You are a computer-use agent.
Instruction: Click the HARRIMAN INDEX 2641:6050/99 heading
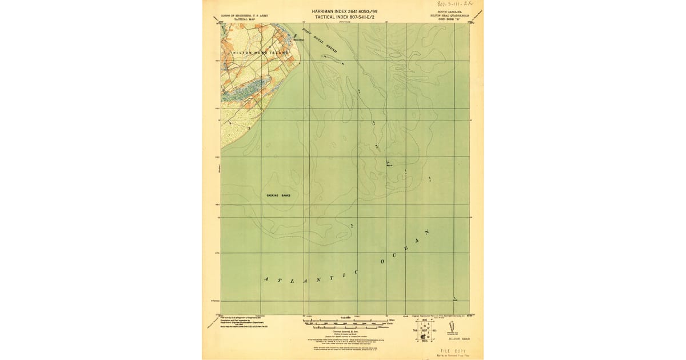coord(344,11)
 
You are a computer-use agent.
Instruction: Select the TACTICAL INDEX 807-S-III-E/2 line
coord(344,18)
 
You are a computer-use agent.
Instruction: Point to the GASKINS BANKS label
coord(278,195)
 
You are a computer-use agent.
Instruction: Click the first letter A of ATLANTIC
coord(265,279)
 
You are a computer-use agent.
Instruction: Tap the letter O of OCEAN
coord(382,262)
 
